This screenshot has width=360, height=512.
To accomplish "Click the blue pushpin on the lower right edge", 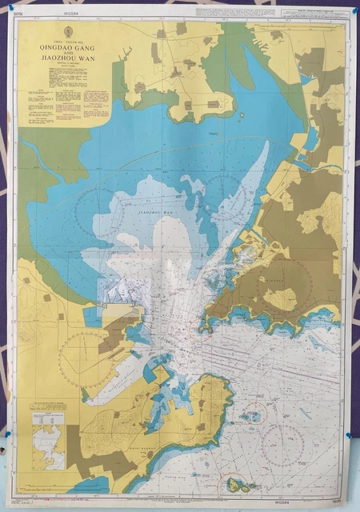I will click(350, 437).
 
